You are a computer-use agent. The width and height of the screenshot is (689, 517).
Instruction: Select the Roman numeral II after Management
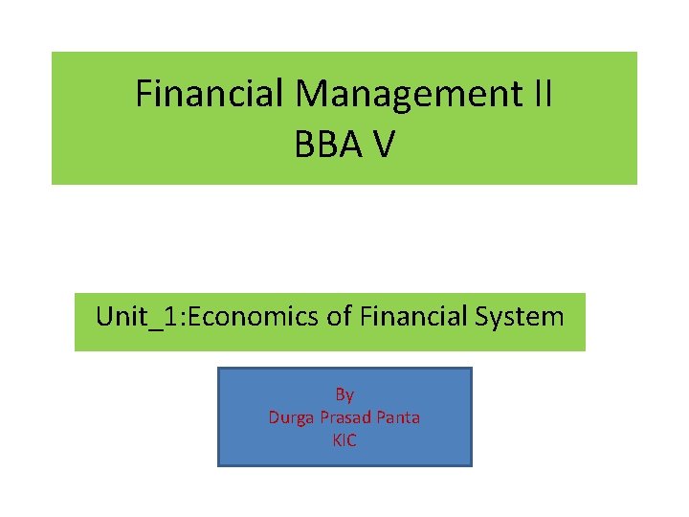pos(541,94)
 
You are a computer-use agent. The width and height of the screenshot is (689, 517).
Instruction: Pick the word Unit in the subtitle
pos(119,316)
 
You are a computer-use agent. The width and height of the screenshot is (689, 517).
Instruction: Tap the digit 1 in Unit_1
pos(167,316)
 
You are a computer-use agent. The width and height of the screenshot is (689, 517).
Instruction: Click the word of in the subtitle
pos(339,316)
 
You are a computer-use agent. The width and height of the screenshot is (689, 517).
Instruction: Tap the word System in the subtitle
pos(526,316)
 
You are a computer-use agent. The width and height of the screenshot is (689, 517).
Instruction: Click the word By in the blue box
pos(344,394)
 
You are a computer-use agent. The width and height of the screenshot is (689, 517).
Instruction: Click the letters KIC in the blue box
pos(344,440)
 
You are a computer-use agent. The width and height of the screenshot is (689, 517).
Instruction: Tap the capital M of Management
pos(311,94)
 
